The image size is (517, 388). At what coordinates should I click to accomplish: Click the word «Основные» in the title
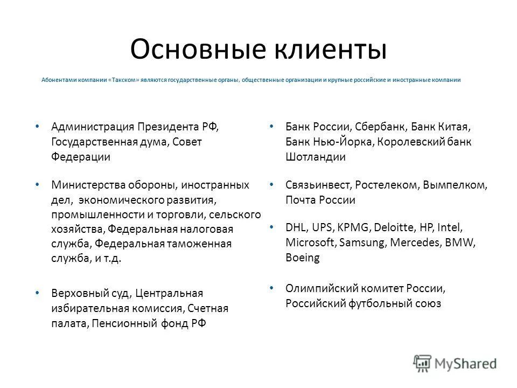pos(195,50)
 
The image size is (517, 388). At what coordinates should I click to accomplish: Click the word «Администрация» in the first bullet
pos(93,127)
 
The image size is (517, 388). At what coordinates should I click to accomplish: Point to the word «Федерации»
pos(81,157)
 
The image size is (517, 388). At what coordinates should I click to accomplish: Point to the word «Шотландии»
pos(316,157)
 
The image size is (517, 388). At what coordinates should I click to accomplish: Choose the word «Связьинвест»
pos(318,185)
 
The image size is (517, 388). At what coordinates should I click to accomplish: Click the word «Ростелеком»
pos(387,185)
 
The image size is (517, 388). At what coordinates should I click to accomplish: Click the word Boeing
pos(303,258)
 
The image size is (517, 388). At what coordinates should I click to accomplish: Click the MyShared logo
pos(455,362)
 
